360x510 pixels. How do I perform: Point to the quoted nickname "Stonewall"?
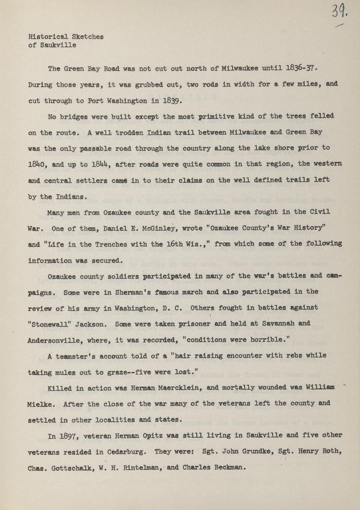click(49, 324)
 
